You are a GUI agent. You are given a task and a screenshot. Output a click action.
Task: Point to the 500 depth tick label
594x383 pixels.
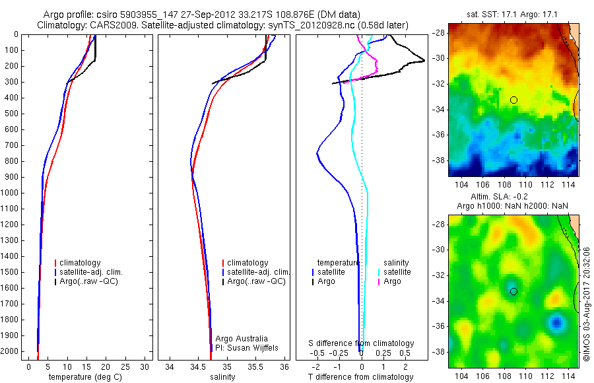pyautogui.click(x=11, y=114)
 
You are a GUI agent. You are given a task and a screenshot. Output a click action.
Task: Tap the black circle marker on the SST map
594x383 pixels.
pyautogui.click(x=513, y=100)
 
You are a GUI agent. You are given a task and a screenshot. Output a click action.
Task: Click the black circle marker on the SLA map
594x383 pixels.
pyautogui.click(x=513, y=291)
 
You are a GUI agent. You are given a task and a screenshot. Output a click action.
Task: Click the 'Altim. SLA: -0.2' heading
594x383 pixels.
pyautogui.click(x=513, y=197)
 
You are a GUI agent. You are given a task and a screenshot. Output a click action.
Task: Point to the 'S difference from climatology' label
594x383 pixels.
pyautogui.click(x=361, y=343)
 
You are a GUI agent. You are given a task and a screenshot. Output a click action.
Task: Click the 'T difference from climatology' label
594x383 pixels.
pyautogui.click(x=361, y=377)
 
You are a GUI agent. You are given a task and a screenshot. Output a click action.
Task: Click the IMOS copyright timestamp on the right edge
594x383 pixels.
pyautogui.click(x=586, y=304)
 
